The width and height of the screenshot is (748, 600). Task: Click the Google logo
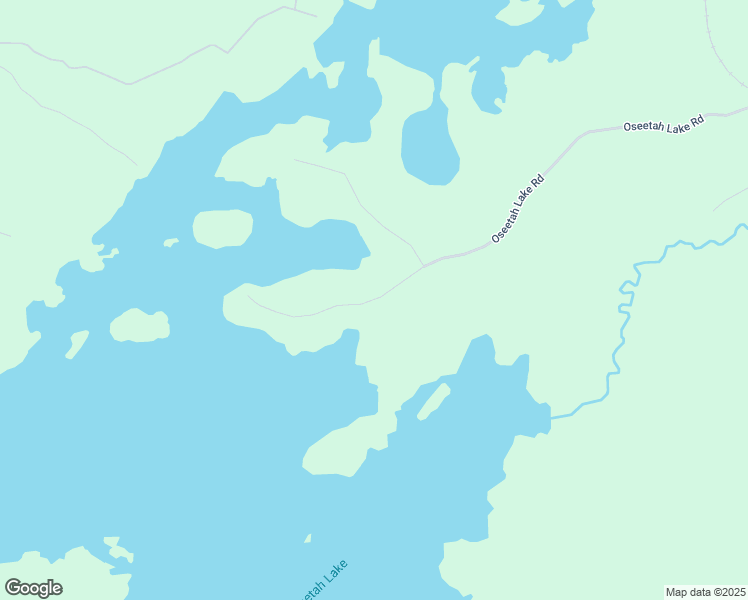[x=33, y=588]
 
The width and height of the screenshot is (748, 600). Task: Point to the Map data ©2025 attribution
[x=705, y=592]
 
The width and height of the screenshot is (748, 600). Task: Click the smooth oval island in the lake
[x=222, y=229]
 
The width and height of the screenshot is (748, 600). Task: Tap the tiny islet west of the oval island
[x=170, y=242]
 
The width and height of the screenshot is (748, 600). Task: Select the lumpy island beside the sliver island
[x=139, y=326]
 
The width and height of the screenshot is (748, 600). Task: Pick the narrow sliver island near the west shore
[x=76, y=345]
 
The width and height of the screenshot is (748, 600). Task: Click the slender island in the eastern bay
[x=433, y=401]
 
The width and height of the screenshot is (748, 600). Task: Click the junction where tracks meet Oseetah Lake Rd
[x=424, y=266]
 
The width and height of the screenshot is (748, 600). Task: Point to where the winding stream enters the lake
[x=552, y=416]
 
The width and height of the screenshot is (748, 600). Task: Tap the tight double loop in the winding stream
[x=626, y=300]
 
